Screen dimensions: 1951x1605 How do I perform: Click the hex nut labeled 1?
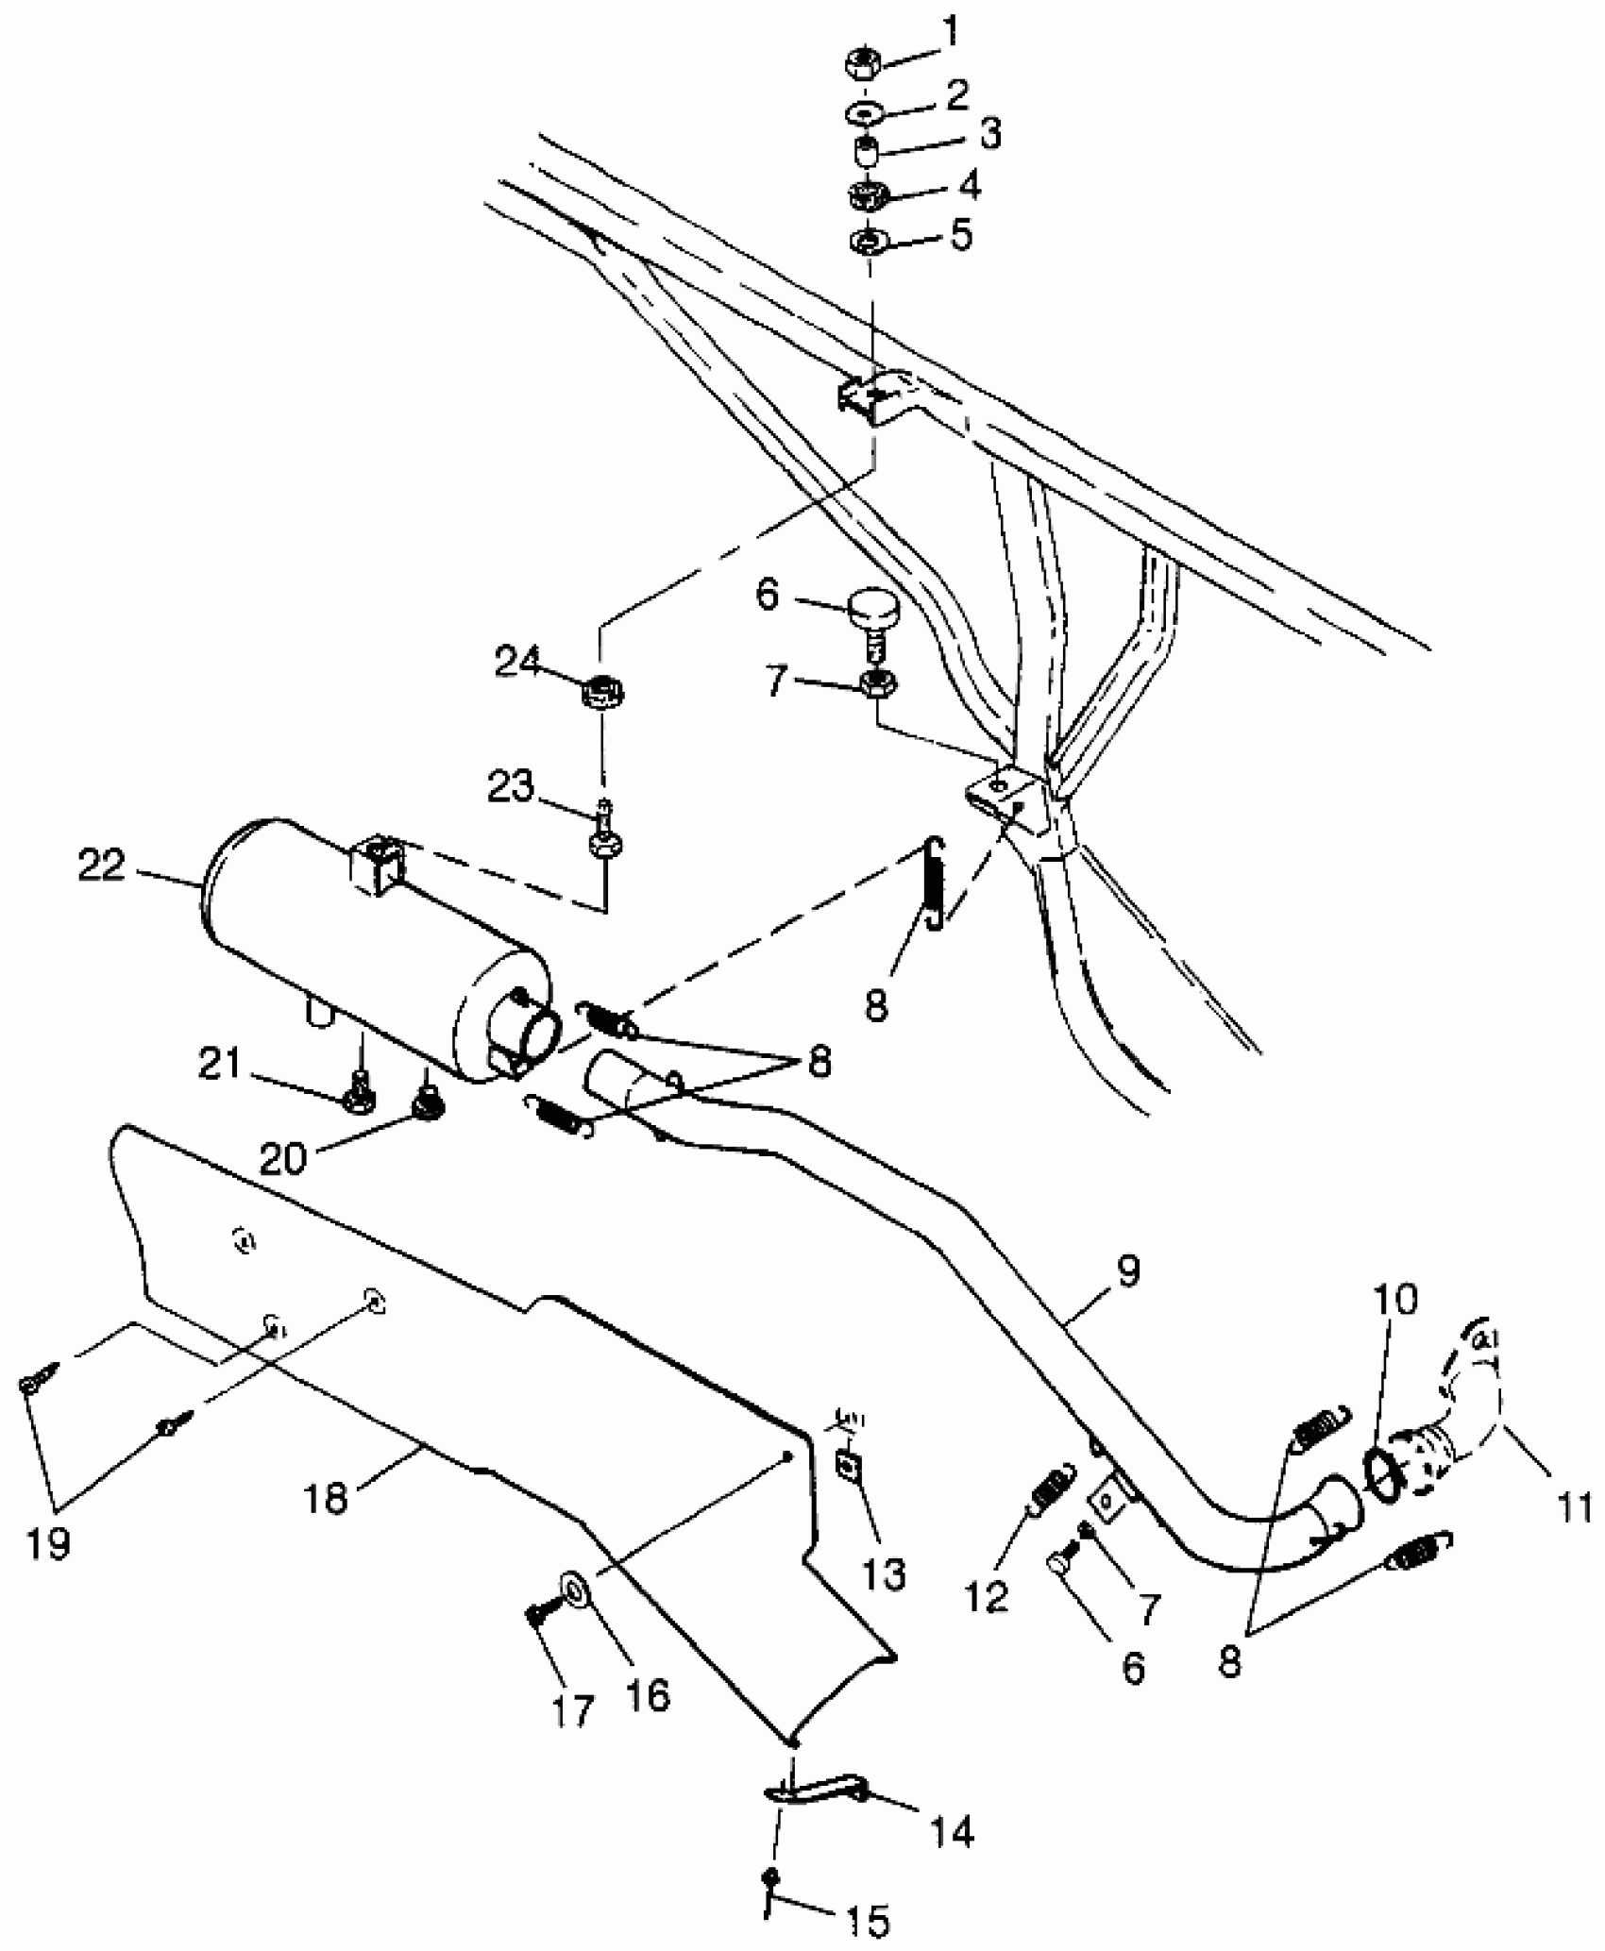(862, 66)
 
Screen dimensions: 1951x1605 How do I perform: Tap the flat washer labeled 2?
(862, 113)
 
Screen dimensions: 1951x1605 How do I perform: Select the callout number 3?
(988, 134)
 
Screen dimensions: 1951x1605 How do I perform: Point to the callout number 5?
(961, 234)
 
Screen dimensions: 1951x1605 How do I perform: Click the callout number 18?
(327, 1498)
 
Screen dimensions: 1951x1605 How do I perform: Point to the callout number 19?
(48, 1545)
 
